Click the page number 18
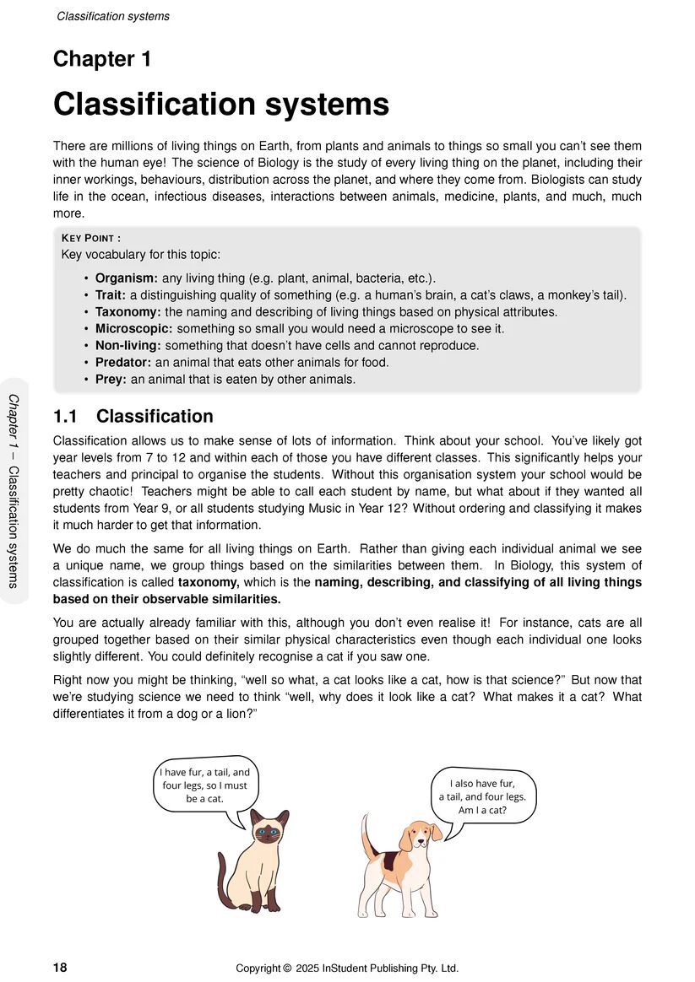[61, 968]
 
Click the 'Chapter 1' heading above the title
[102, 59]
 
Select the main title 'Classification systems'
[221, 105]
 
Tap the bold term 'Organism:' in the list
[127, 278]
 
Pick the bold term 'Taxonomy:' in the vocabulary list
[128, 312]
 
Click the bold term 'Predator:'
[124, 363]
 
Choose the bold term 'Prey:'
[111, 380]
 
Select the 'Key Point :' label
[91, 239]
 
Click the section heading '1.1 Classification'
[133, 417]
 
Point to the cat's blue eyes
[268, 832]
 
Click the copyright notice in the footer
[347, 968]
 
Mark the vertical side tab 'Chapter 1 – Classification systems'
[14, 490]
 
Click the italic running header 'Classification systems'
[113, 16]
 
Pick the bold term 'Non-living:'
[128, 346]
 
